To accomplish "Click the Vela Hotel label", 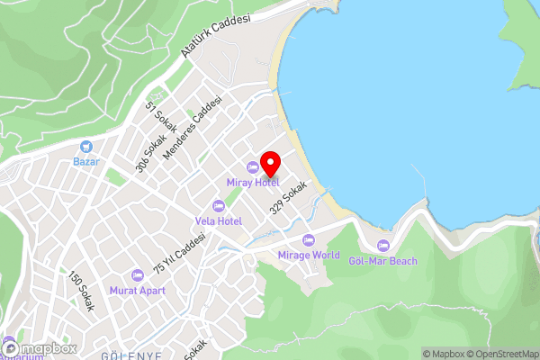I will (x=218, y=220).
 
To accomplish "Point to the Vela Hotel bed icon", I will (x=218, y=205).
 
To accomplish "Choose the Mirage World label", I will (x=309, y=255).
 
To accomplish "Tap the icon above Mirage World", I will (x=309, y=239).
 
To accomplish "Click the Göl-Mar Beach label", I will (x=383, y=261).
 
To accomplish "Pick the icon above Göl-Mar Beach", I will (x=383, y=246).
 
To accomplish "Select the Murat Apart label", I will (x=137, y=290).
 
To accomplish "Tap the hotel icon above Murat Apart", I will (x=137, y=274).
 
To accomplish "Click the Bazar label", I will (x=86, y=162).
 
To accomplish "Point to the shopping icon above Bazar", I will (x=86, y=146).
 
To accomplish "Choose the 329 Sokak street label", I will (x=288, y=197).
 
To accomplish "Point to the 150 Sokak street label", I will (x=81, y=291).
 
